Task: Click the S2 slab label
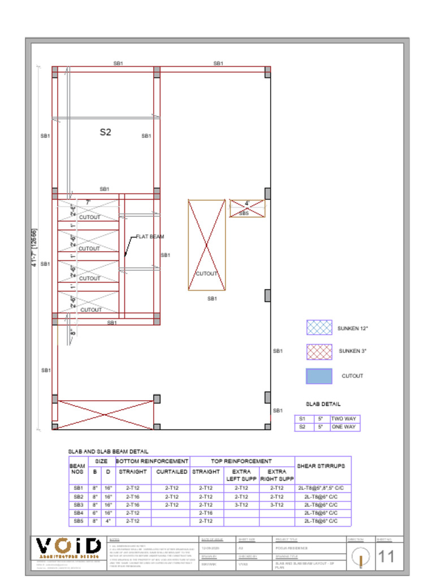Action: coord(105,132)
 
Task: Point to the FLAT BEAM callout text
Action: coord(150,237)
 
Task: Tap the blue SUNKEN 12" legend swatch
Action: coord(319,328)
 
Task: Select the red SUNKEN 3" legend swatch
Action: coord(319,352)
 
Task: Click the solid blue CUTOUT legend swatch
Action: coord(319,376)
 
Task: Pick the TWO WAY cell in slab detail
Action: coord(344,419)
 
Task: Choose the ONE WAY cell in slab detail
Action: coord(344,427)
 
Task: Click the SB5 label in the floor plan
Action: coord(244,213)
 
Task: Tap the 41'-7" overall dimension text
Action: coord(35,248)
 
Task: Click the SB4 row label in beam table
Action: coord(78,513)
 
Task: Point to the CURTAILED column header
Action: coord(171,471)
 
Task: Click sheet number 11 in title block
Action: coord(386,557)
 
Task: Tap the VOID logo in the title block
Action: coord(69,546)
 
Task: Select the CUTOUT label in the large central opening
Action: coord(207,274)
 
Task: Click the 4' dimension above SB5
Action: coord(247,203)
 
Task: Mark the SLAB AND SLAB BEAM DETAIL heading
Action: coord(108,452)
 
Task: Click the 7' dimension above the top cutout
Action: coord(88,202)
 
